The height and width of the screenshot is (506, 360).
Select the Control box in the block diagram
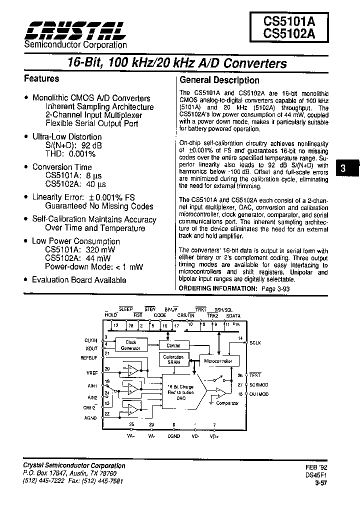pyautogui.click(x=173, y=345)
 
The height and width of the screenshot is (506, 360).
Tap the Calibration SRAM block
pyautogui.click(x=173, y=359)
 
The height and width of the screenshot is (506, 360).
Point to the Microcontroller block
pyautogui.click(x=219, y=361)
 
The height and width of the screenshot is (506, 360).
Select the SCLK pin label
pyautogui.click(x=255, y=343)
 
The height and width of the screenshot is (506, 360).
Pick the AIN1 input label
pyautogui.click(x=92, y=385)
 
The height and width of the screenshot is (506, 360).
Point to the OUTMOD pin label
pyautogui.click(x=259, y=394)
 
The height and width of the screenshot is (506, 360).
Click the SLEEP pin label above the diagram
pyautogui.click(x=125, y=310)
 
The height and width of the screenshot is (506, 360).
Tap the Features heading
pyautogui.click(x=42, y=79)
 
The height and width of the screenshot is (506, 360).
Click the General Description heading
pyautogui.click(x=219, y=80)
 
